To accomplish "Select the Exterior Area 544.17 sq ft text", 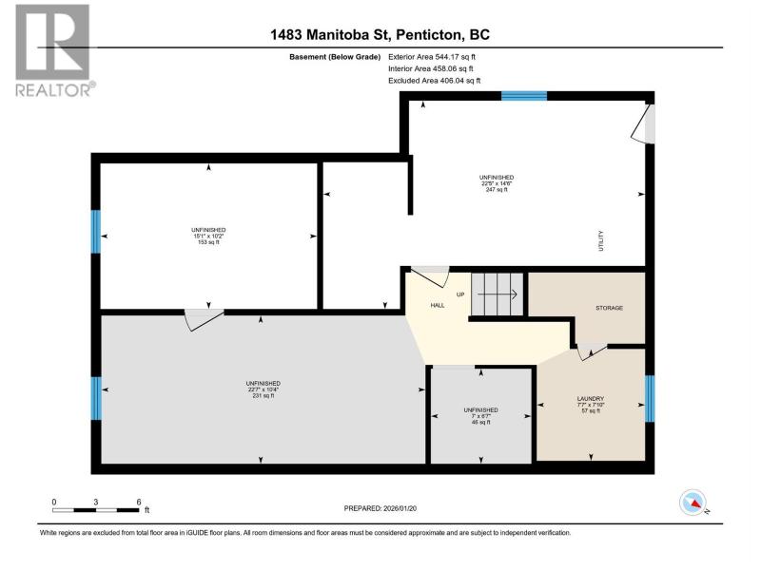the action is tap(432, 57).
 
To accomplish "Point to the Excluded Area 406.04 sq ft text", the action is tap(434, 81).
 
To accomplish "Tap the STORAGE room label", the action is tap(609, 308).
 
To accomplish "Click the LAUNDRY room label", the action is tap(591, 398).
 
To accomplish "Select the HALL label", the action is tap(438, 305).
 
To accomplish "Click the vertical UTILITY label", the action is tap(601, 240).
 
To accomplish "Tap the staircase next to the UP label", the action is tap(498, 294).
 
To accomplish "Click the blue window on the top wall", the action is tap(524, 96).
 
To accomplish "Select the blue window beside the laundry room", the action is tap(650, 398).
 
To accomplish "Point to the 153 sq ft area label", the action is tap(208, 242).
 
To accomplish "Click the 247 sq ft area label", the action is tap(497, 189).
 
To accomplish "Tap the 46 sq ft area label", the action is tap(481, 422).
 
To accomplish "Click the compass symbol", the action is tap(693, 503).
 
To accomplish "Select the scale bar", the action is tap(96, 510).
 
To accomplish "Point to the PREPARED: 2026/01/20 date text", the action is tap(380, 508).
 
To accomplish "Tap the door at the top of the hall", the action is tap(430, 276).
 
